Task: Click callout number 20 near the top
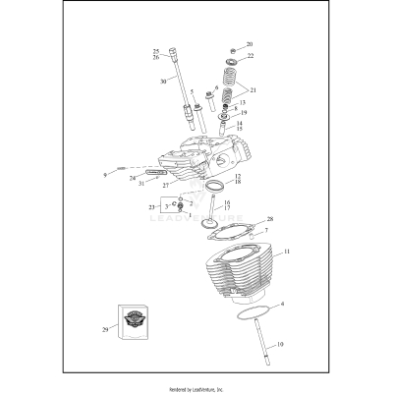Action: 250,45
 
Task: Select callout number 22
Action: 250,56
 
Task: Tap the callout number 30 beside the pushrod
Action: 162,82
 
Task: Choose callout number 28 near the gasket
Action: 270,219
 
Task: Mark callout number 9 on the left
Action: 105,174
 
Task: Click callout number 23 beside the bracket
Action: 150,207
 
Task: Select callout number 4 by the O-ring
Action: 283,306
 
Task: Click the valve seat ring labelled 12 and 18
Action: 214,185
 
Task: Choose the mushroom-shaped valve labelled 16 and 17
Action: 209,220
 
